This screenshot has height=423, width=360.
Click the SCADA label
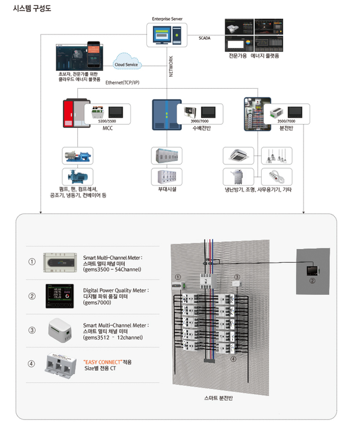pos(205,38)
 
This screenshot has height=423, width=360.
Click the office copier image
pos(239,176)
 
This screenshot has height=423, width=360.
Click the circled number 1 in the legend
pos(32,262)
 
